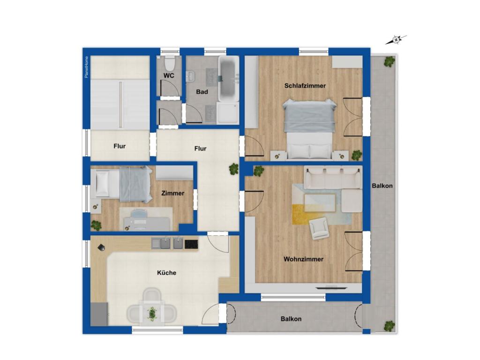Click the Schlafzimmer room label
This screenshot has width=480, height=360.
click(305, 86)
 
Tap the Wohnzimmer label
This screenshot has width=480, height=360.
click(303, 259)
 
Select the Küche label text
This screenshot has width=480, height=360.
click(166, 273)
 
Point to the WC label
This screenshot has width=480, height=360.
click(169, 75)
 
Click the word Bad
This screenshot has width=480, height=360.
click(202, 92)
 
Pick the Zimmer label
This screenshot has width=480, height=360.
click(172, 193)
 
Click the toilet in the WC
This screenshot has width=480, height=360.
click(169, 63)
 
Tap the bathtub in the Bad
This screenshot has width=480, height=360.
click(228, 79)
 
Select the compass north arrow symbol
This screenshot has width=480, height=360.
click(396, 40)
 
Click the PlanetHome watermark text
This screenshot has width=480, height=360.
click(87, 67)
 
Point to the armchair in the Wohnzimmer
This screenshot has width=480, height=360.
click(319, 228)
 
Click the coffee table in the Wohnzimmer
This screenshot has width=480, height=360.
click(320, 202)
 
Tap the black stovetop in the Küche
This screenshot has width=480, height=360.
click(191, 244)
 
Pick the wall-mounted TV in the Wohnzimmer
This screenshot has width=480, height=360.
click(331, 287)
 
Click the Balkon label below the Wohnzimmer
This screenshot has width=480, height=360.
click(291, 319)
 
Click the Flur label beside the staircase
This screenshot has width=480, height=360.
click(120, 146)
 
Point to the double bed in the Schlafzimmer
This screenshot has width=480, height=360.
click(309, 129)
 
